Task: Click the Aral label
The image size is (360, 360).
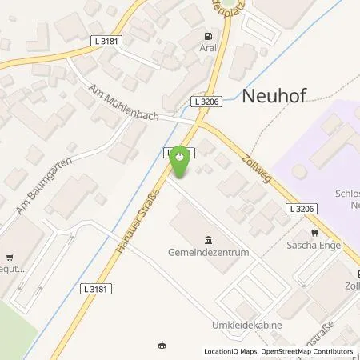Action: [x=208, y=48]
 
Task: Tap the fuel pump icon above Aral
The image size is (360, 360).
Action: [x=208, y=36]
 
